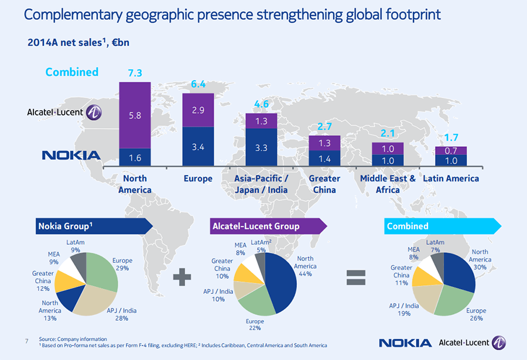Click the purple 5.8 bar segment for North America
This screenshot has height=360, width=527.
(x=135, y=115)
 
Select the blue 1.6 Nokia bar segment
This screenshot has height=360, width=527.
(x=135, y=157)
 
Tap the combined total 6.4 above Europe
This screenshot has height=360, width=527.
(x=198, y=84)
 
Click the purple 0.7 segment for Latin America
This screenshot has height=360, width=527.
(x=451, y=150)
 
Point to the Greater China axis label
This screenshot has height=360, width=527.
(x=324, y=184)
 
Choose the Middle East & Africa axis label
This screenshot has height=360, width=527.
(x=388, y=184)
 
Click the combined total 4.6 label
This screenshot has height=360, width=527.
(x=261, y=104)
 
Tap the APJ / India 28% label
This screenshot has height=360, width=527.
(x=122, y=314)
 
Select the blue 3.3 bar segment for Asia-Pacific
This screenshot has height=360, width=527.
(x=261, y=148)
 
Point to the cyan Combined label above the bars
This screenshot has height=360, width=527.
(x=72, y=72)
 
